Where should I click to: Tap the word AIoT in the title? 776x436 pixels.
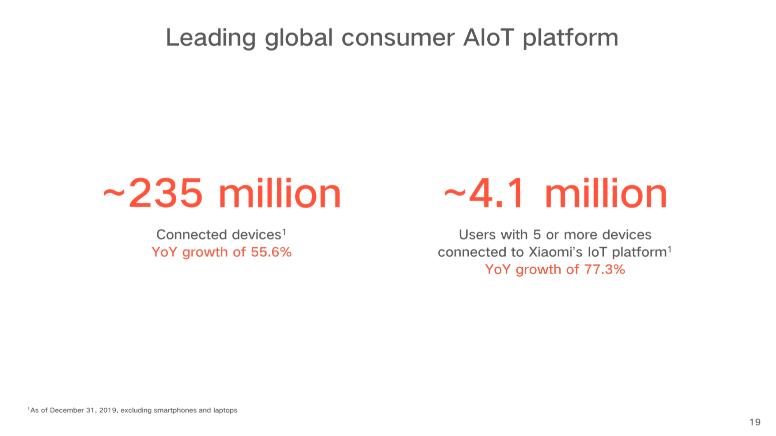[489, 37]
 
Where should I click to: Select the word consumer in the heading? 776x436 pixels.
[398, 38]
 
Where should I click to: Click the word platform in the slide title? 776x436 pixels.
[570, 38]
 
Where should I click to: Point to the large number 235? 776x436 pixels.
[166, 193]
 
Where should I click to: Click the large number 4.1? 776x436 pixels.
[497, 193]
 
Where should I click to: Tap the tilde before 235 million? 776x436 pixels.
[114, 192]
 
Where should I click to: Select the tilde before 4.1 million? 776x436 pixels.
[455, 192]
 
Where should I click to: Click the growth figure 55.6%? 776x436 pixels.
[271, 252]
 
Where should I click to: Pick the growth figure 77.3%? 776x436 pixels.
[605, 269]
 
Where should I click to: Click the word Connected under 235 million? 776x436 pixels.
[192, 234]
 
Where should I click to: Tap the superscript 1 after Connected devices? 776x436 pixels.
[284, 232]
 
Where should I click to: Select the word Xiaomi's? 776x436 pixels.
[555, 252]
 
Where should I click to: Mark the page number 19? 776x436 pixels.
[755, 422]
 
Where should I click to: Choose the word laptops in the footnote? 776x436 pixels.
[225, 410]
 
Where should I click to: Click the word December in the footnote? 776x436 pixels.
[67, 410]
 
